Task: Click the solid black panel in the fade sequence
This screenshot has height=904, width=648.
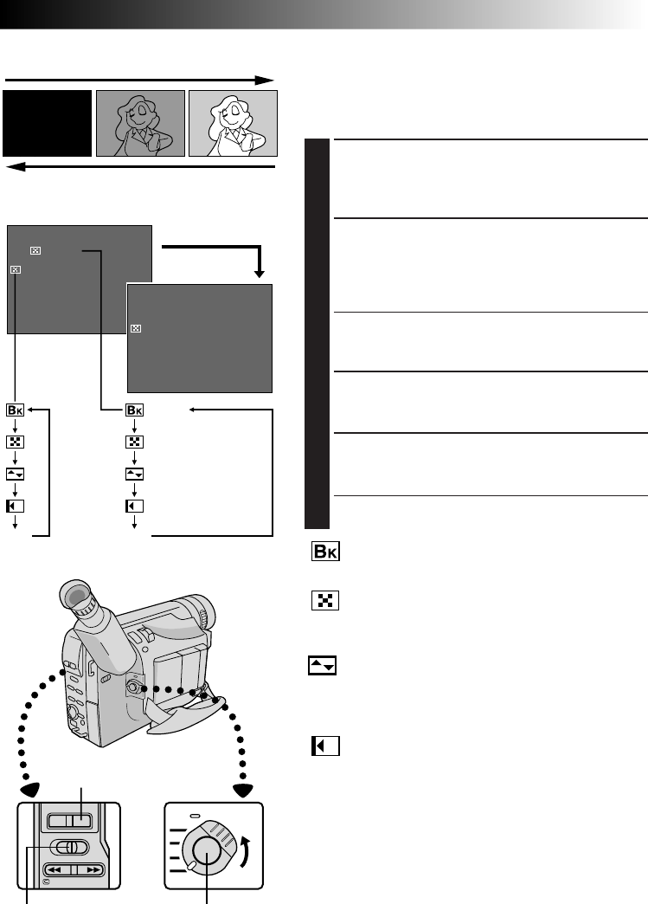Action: tap(48, 122)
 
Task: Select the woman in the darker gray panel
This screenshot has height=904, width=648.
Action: tap(141, 122)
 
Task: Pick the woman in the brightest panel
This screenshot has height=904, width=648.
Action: tap(233, 122)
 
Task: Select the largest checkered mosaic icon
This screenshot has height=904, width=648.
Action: tap(324, 600)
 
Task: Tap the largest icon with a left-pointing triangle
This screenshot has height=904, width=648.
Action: tap(325, 746)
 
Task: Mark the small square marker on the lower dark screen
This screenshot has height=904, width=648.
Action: tap(135, 329)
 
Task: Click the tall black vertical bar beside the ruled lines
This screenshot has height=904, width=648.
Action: tap(318, 333)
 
